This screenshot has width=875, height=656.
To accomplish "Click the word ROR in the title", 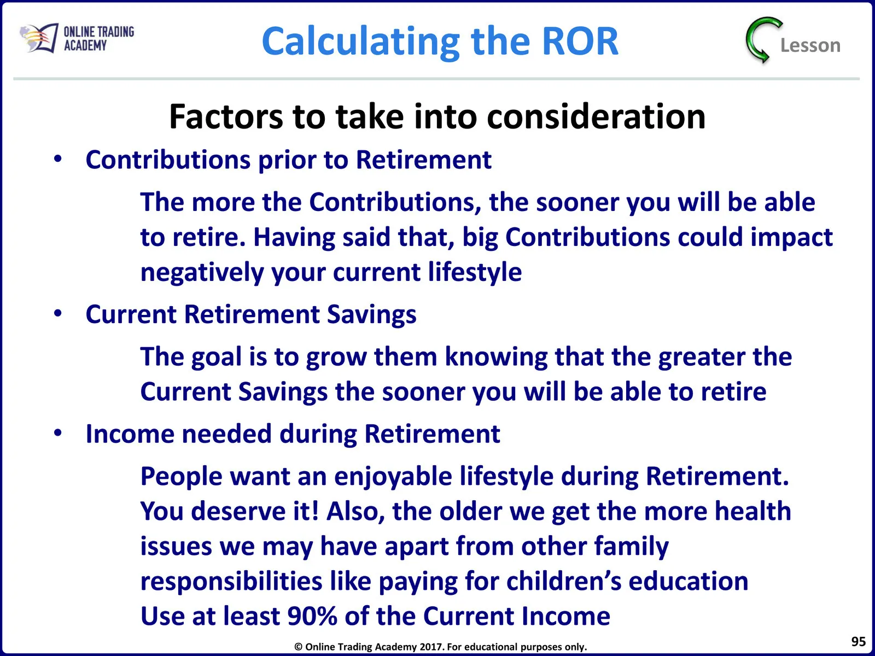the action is coord(580,41).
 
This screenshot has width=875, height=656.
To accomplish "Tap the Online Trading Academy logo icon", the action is coord(39,38).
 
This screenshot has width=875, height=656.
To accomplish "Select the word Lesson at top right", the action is coord(810,45).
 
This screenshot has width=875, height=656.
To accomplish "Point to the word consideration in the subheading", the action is coord(596,116).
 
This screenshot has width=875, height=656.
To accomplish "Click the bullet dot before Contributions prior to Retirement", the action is coord(58,159).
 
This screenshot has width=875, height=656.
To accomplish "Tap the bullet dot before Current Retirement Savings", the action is coord(58,313).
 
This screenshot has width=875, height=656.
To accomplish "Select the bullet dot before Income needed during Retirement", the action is coord(58,432).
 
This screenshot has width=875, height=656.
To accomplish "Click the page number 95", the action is coord(858,641).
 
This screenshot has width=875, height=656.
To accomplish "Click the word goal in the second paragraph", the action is coord(217,356).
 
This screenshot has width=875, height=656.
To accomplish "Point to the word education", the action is coord(689,581).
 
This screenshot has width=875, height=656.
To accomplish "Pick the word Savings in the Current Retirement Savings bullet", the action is coord(371,314).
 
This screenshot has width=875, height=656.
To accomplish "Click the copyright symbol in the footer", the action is coord(298,647).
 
